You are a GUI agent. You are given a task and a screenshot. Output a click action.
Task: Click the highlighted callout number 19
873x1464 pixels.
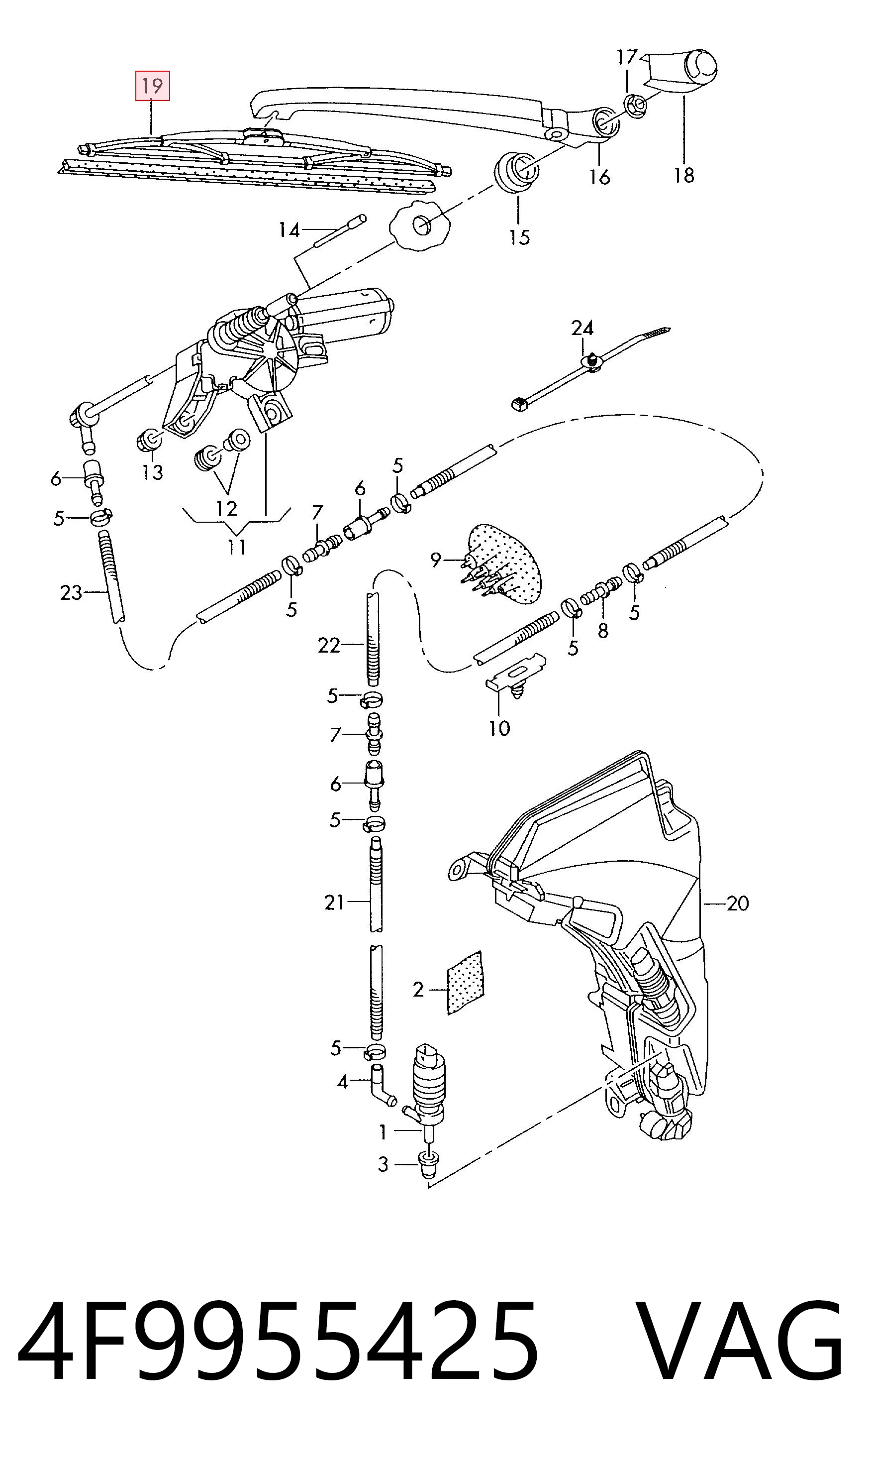click(x=152, y=86)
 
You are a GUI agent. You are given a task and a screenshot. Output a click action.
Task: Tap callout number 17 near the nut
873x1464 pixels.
click(x=627, y=57)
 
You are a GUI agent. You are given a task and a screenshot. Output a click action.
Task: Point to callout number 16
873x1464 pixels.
click(x=600, y=177)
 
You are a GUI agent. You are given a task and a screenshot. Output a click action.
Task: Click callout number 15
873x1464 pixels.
click(x=519, y=237)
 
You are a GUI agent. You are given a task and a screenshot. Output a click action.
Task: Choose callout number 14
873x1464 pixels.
click(x=290, y=230)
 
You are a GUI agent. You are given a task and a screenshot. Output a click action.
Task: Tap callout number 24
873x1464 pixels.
click(x=582, y=328)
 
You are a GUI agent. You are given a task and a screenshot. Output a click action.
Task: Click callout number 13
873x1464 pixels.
click(x=152, y=472)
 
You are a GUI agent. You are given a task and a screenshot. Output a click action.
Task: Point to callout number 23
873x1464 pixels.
click(x=71, y=592)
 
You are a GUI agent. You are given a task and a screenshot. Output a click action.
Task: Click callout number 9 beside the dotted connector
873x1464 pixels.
click(x=435, y=559)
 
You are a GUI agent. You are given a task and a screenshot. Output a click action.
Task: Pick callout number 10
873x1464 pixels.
click(x=499, y=728)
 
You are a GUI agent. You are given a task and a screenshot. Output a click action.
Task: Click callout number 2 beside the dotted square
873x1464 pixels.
click(x=418, y=989)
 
